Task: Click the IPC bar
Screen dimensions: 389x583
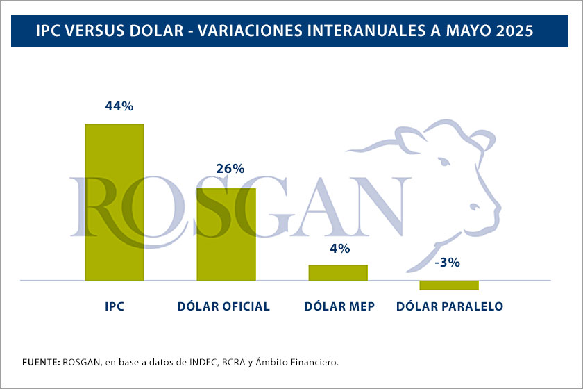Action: point(115,202)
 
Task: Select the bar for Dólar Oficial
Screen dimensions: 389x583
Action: point(226,234)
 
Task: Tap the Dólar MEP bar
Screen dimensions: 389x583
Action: point(338,272)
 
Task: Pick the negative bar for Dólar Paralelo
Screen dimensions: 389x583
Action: point(449,285)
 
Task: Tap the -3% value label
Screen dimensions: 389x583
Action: point(447,263)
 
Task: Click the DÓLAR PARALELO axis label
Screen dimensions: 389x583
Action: point(449,306)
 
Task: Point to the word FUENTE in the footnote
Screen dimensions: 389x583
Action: point(40,362)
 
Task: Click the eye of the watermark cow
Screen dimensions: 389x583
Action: point(446,161)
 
